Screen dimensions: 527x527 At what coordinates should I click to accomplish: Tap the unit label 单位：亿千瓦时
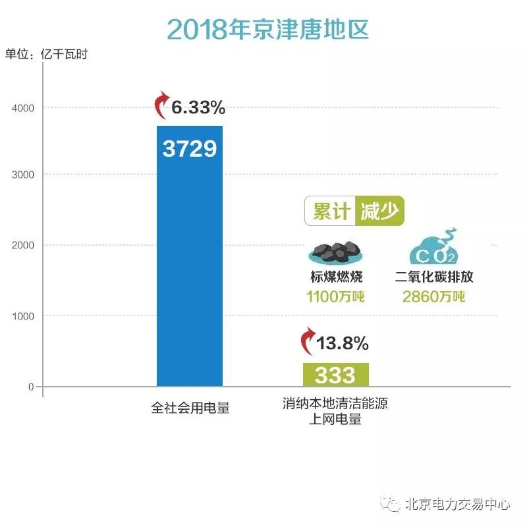click(46, 55)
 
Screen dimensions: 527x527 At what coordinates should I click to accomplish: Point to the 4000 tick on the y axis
click(23, 107)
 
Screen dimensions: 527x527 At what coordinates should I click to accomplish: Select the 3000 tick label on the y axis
click(23, 175)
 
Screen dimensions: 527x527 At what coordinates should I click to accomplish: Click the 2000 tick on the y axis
click(23, 245)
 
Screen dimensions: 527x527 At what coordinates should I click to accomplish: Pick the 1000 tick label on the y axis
click(23, 316)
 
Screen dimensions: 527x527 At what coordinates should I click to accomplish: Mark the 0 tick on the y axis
click(31, 387)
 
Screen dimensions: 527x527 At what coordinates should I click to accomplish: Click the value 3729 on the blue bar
click(190, 149)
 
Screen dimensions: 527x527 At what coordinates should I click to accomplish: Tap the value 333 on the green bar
click(335, 375)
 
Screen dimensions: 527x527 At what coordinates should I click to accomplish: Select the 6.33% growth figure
click(199, 107)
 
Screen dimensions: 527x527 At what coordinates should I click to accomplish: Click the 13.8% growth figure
click(343, 344)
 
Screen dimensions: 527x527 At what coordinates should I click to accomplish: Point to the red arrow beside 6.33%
click(161, 105)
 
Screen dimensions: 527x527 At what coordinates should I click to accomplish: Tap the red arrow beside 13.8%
click(307, 342)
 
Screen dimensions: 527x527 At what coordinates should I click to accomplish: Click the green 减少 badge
click(379, 211)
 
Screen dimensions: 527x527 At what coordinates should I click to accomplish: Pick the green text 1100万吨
click(336, 297)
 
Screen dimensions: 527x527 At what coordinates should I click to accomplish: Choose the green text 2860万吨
click(433, 297)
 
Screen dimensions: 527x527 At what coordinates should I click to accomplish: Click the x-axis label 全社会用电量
click(190, 408)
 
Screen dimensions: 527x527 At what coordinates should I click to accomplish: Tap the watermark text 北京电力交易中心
click(457, 505)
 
